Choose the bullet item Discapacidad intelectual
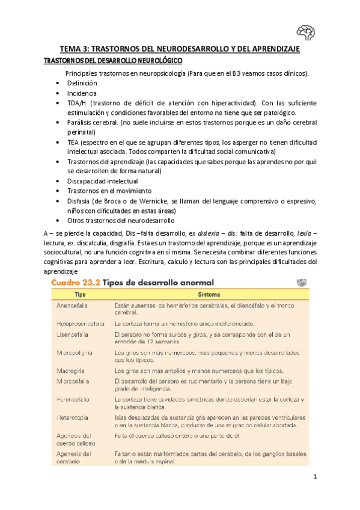tap(102, 181)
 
